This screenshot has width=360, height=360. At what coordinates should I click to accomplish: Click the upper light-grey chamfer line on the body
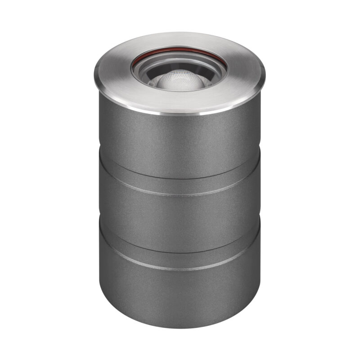(180, 194)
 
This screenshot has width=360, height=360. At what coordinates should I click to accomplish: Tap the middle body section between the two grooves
(180, 220)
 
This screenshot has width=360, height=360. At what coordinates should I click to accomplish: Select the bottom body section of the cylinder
(180, 297)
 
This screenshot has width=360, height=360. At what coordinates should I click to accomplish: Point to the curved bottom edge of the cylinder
(180, 326)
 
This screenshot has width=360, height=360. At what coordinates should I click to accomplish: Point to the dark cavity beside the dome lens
(148, 81)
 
